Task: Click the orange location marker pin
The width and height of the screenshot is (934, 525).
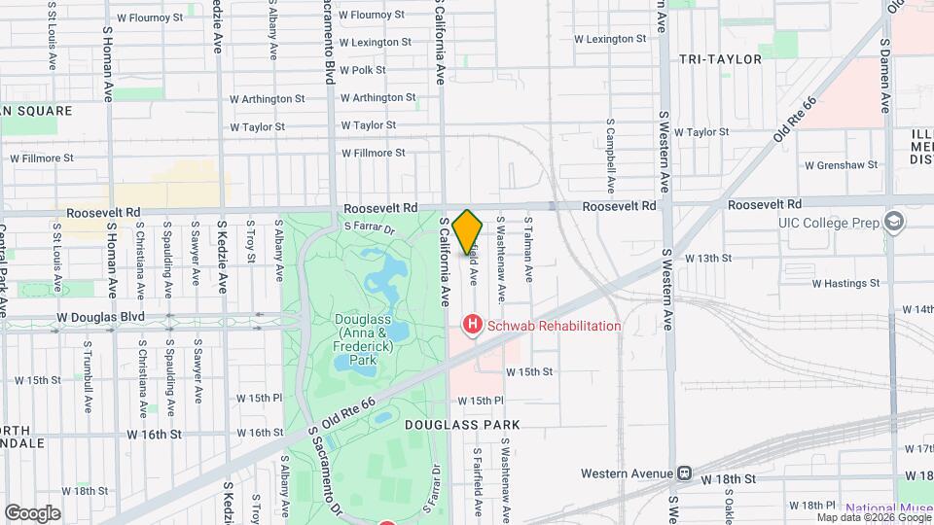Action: [468, 230]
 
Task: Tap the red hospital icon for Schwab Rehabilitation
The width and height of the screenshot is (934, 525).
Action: [473, 326]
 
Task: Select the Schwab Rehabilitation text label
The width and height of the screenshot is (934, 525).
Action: [555, 326]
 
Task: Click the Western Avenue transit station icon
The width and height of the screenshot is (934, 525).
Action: [685, 473]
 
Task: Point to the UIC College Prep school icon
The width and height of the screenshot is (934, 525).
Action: [891, 223]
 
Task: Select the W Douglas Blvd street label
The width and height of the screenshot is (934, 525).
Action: [100, 317]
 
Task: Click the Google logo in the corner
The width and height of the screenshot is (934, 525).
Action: [32, 512]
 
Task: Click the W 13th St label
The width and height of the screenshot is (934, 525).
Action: [707, 258]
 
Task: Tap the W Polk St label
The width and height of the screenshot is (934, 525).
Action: [363, 70]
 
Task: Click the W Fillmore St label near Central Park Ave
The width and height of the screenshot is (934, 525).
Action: [42, 157]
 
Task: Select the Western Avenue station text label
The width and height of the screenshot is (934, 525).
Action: [628, 473]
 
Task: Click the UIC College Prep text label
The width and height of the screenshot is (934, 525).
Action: [828, 223]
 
